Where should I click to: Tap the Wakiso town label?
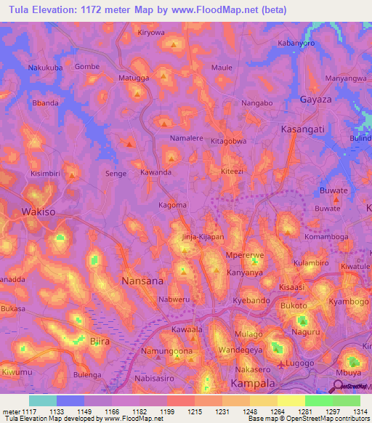[x=39, y=212]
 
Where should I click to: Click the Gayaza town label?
[x=316, y=99]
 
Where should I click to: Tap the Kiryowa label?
[x=152, y=33]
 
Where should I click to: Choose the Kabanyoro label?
[x=297, y=43]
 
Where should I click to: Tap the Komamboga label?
[x=326, y=237]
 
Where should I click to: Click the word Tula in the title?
[x=20, y=9]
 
